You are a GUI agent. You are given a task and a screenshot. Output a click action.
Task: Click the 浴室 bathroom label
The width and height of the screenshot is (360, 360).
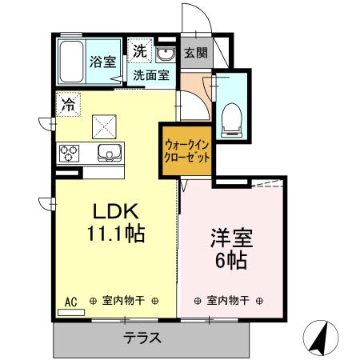102,61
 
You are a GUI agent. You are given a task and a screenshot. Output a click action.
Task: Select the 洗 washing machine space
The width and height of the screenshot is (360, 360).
140,50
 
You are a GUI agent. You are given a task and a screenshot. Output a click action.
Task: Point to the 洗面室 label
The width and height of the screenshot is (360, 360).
150,76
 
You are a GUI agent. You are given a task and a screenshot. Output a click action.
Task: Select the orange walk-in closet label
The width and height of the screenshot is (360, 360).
187,151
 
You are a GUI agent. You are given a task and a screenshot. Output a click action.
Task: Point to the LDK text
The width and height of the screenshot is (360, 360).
117,212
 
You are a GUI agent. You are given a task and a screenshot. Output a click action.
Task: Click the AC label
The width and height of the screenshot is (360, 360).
70,302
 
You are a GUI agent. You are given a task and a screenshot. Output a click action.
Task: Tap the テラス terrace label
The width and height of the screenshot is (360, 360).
143,338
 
